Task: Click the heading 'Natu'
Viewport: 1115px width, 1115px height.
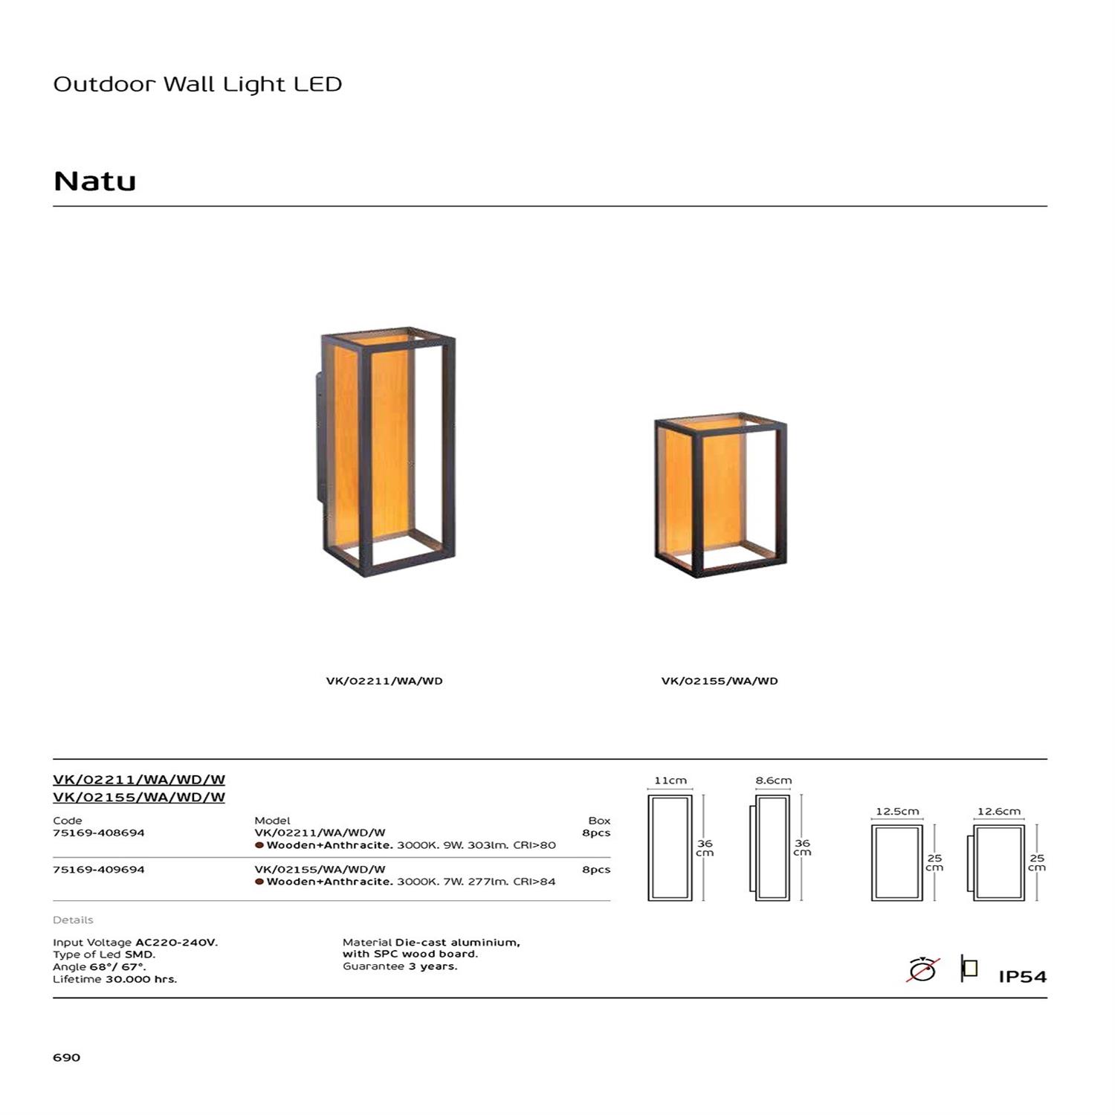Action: (94, 181)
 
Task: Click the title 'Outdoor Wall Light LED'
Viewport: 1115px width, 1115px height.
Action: (197, 84)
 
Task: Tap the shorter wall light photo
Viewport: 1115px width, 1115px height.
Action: (720, 495)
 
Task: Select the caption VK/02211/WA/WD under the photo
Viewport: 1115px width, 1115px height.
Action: (384, 681)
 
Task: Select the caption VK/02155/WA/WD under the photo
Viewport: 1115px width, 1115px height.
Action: (720, 681)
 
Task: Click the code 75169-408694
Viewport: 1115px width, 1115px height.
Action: (99, 833)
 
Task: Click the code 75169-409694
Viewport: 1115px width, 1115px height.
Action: (99, 869)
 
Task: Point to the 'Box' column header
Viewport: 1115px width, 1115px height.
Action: (599, 821)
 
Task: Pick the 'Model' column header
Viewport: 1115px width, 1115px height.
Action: (272, 821)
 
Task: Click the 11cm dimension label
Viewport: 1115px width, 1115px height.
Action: (670, 780)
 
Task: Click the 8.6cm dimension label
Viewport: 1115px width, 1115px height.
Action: (773, 780)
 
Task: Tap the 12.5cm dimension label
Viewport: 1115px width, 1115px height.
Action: (897, 811)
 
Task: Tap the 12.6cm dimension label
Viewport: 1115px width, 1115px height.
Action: (999, 811)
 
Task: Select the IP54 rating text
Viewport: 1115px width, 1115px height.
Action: (1022, 977)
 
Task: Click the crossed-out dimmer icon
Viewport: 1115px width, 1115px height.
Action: (922, 969)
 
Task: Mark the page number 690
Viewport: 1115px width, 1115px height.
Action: (66, 1057)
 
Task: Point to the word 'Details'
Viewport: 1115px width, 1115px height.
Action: (73, 920)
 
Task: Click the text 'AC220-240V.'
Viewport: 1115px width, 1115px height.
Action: (176, 943)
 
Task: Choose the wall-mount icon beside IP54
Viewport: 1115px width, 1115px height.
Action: (969, 969)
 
